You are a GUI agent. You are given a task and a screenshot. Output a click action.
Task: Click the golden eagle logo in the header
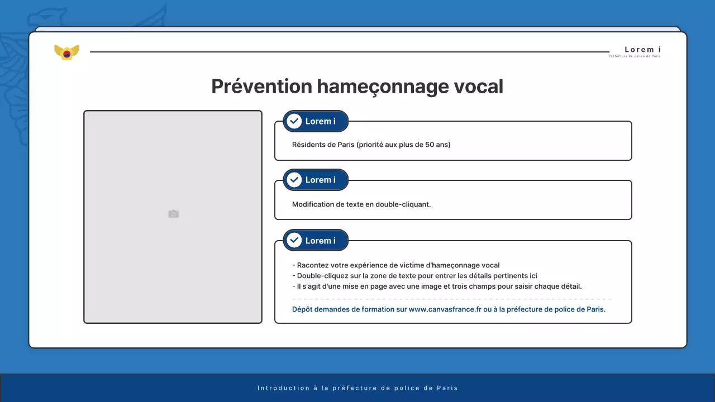[66, 52]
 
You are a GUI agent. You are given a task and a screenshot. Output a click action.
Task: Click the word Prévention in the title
[261, 87]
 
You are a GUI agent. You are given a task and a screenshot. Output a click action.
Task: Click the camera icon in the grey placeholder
[173, 214]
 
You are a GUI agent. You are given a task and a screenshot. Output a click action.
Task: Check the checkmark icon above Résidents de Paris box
[294, 121]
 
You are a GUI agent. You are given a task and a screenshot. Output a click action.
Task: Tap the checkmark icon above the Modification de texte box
[294, 180]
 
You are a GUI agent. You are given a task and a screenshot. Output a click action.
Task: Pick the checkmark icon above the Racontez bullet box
[294, 241]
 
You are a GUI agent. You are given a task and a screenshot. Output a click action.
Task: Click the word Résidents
[309, 145]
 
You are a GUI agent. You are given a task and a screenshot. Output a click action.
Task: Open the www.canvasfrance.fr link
[445, 309]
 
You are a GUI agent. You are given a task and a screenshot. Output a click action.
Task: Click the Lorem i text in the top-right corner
[642, 50]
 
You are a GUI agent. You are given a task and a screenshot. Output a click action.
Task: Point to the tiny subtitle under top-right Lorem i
[635, 56]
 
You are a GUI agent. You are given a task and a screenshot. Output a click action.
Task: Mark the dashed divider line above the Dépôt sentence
[451, 299]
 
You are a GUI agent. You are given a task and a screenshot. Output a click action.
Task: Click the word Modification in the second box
[313, 204]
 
